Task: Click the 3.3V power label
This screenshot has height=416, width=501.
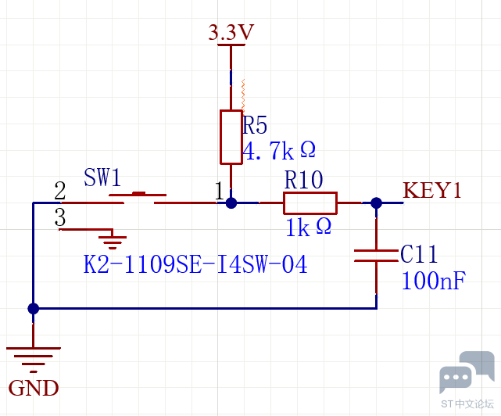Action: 231,32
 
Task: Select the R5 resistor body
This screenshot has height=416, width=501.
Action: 231,137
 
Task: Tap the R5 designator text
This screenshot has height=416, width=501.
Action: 255,124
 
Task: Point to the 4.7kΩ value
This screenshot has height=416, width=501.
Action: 279,150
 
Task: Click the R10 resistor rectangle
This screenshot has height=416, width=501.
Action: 310,203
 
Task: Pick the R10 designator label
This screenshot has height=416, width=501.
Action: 303,180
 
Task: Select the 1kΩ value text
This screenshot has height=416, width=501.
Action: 308,227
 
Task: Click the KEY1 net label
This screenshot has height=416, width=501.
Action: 432,190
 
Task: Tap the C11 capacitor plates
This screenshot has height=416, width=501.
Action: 377,256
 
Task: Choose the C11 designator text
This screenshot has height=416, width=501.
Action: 419,254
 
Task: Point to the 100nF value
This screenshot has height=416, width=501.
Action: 434,281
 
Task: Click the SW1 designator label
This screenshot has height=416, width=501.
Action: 102,178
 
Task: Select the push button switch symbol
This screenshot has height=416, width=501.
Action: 138,199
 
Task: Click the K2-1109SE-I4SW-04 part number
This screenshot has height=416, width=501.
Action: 195,264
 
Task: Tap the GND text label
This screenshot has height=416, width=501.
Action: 34,388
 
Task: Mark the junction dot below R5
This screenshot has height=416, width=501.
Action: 231,203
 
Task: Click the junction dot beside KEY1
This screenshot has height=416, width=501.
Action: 377,203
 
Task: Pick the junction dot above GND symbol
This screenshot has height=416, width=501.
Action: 34,309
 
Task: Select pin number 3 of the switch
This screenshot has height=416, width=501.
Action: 60,217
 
